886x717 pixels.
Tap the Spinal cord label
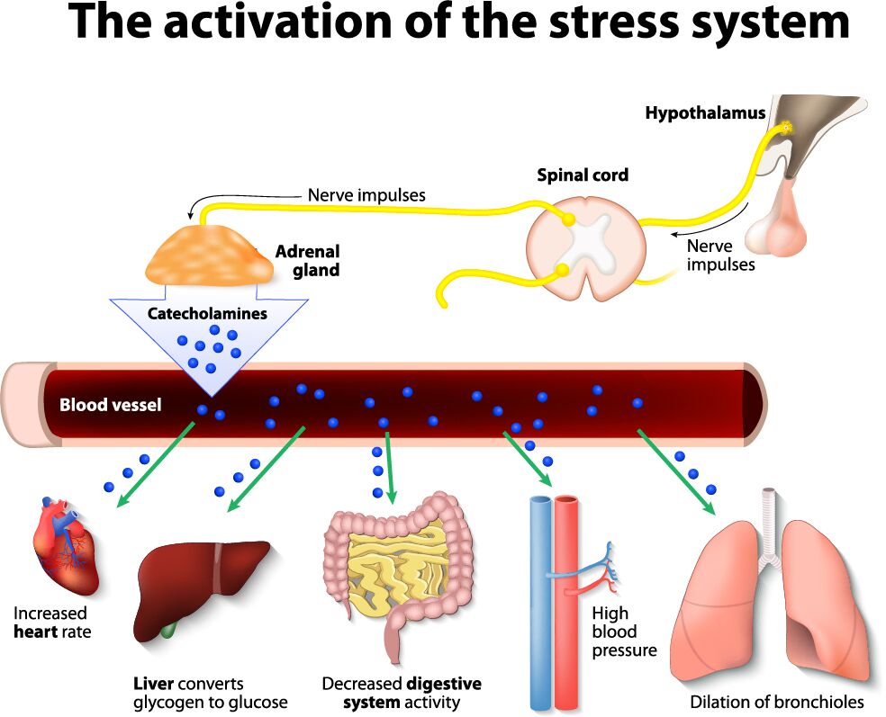pyautogui.click(x=583, y=175)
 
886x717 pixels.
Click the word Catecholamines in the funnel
pyautogui.click(x=208, y=314)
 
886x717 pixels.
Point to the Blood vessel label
pyautogui.click(x=110, y=405)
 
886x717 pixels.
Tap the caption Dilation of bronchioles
pyautogui.click(x=776, y=702)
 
